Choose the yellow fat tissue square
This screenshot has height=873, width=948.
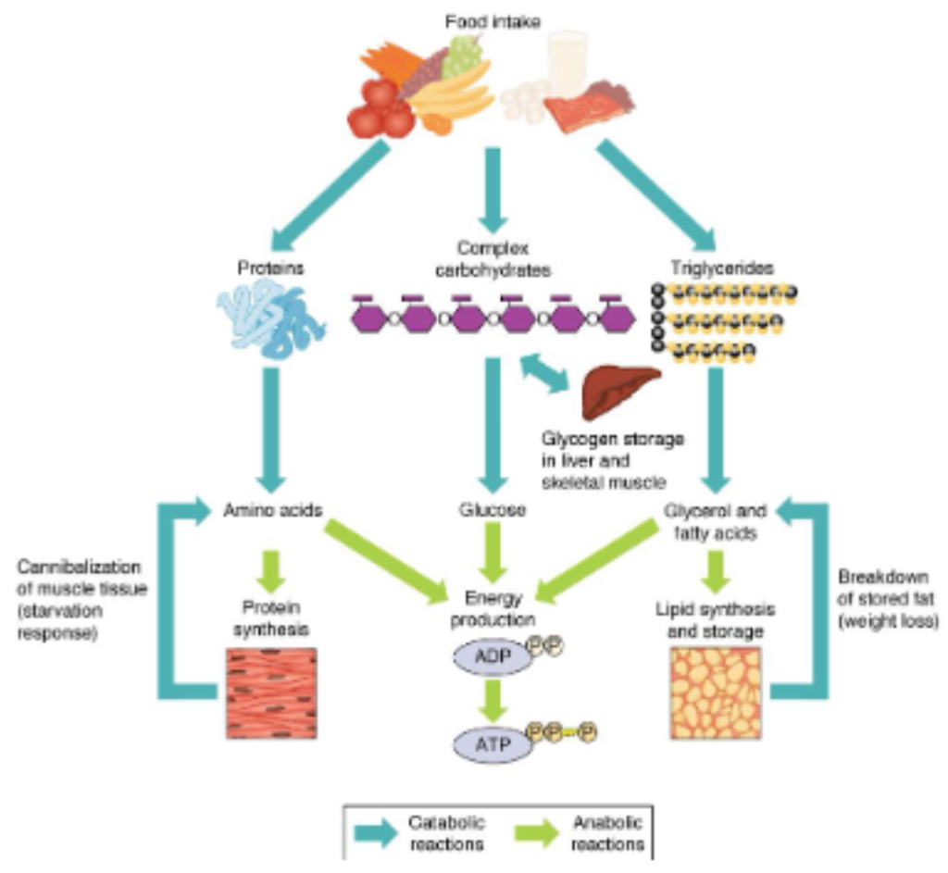pos(714,692)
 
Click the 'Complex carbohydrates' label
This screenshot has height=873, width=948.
pos(491,259)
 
